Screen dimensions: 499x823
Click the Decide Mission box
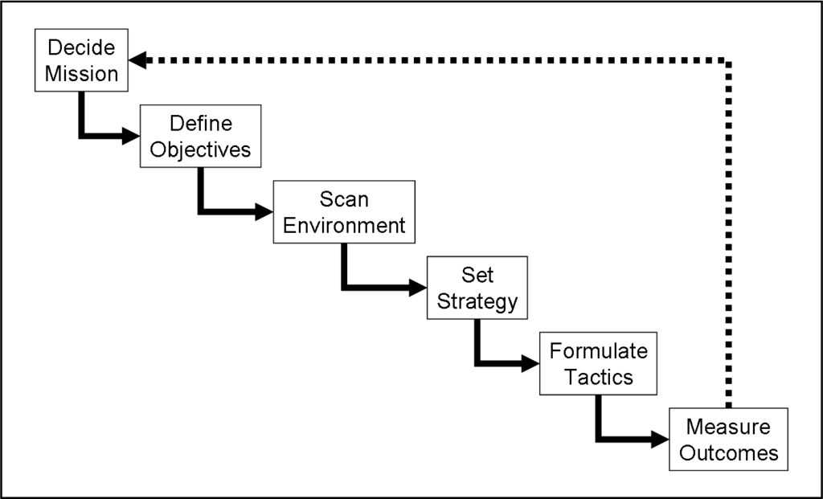coord(81,60)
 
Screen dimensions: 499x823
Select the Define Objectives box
coord(201,136)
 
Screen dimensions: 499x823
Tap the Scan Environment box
coord(344,211)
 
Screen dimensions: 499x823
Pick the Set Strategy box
coord(477,288)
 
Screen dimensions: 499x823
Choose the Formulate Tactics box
coord(598,363)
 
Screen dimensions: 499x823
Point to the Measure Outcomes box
coord(729,439)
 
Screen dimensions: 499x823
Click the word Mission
coord(81,73)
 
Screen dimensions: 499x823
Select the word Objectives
coord(201,149)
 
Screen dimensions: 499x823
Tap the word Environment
coord(344,225)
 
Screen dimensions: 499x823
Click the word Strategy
coord(477,301)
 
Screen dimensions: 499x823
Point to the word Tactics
coord(598,377)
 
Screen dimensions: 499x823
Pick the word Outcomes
coord(729,452)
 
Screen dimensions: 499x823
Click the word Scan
coord(344,198)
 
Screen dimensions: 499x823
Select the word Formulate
coord(598,350)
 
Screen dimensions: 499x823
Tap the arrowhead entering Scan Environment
coord(264,212)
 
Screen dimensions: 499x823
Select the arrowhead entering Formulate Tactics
coord(530,363)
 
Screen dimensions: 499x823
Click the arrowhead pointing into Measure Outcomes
coord(660,440)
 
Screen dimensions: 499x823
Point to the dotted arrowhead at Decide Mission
coord(137,60)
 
